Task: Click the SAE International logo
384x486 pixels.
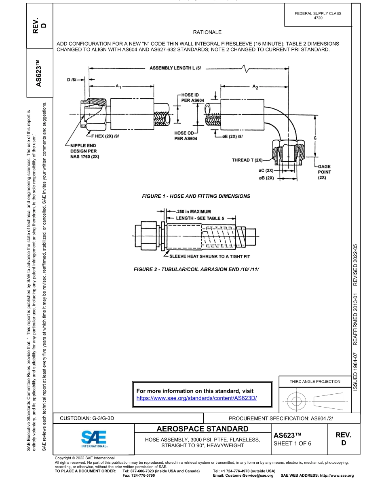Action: pos(94,438)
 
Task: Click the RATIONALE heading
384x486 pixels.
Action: pos(207,32)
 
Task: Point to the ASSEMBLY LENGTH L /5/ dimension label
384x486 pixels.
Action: pos(178,68)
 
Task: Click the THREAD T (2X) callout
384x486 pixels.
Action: pos(247,160)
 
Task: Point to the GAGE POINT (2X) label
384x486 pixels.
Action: pos(324,172)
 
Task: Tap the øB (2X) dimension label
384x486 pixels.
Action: pos(266,177)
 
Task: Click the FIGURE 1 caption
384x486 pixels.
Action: pos(196,196)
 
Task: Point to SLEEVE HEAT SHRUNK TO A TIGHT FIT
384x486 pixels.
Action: pos(209,256)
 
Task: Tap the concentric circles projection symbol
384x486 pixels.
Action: pos(297,401)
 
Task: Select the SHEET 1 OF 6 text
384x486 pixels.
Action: pos(292,443)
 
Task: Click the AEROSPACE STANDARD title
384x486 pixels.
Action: pos(202,429)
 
